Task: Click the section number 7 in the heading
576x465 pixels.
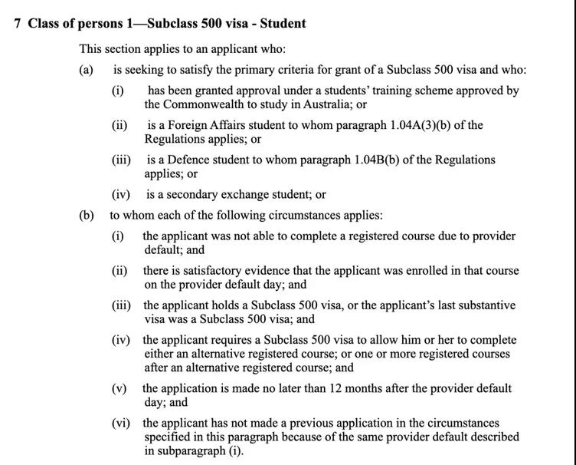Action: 18,23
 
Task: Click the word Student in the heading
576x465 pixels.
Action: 283,23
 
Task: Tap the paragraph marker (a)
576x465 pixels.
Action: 86,70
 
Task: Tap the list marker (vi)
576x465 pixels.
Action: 121,423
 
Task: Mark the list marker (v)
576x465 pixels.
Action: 119,388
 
